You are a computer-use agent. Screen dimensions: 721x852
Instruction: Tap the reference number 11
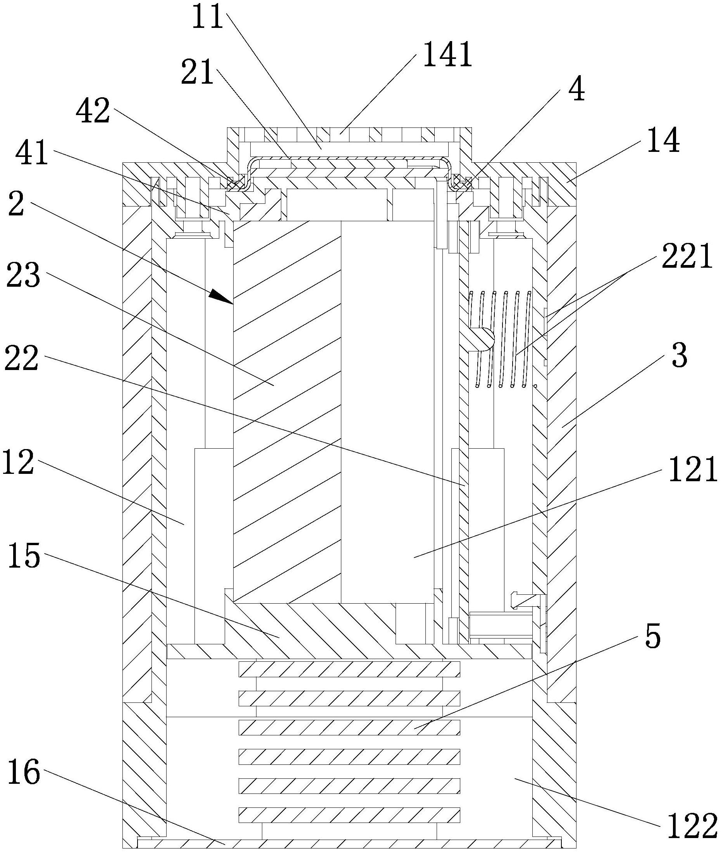pos(208,17)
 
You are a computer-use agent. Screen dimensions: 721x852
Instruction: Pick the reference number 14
pos(663,140)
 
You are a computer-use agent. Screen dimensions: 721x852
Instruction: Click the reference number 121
pos(692,469)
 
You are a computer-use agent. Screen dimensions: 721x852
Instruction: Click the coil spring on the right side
pos(500,339)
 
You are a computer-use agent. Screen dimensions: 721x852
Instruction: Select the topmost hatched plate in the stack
pos(349,669)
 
